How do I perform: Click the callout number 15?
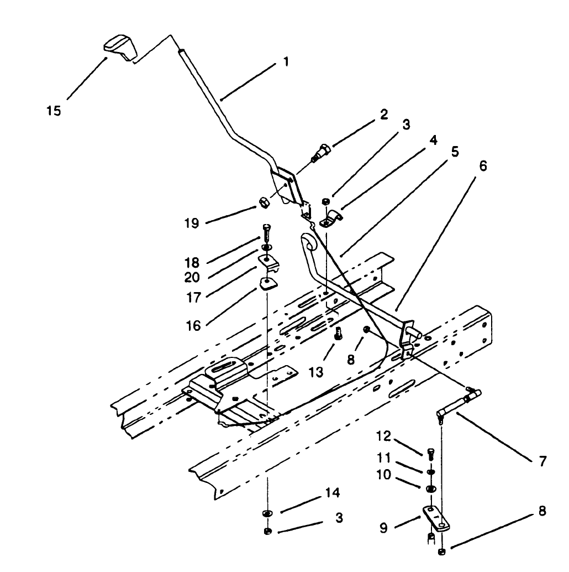pos(54,110)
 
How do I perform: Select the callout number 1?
pos(285,62)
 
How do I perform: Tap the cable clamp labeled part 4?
pos(331,219)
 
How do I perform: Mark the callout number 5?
pos(455,151)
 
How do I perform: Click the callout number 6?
pos(483,167)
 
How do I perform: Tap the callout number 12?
pos(384,436)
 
